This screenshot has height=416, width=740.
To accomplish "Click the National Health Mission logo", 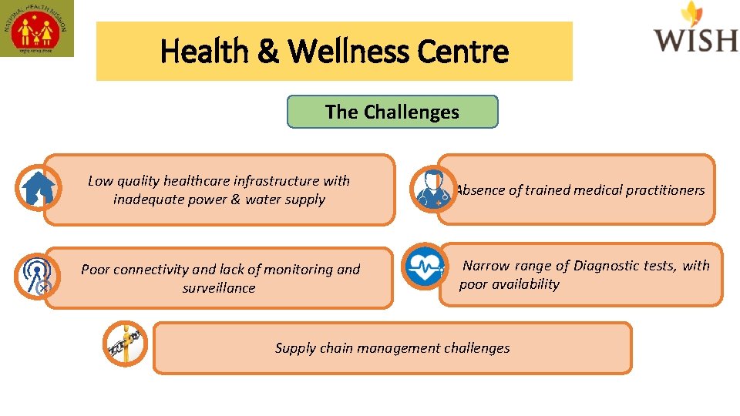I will tap(37, 29).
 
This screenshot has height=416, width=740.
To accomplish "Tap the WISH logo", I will tap(695, 29).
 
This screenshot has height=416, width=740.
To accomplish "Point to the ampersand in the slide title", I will tap(268, 52).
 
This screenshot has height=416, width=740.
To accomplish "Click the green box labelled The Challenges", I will tap(392, 112).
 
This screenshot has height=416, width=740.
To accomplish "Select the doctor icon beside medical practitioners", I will tap(432, 190).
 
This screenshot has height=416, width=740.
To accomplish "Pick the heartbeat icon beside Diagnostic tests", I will tap(424, 266).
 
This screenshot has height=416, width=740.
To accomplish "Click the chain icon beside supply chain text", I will tap(125, 344).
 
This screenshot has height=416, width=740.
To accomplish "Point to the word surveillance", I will tap(219, 288).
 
